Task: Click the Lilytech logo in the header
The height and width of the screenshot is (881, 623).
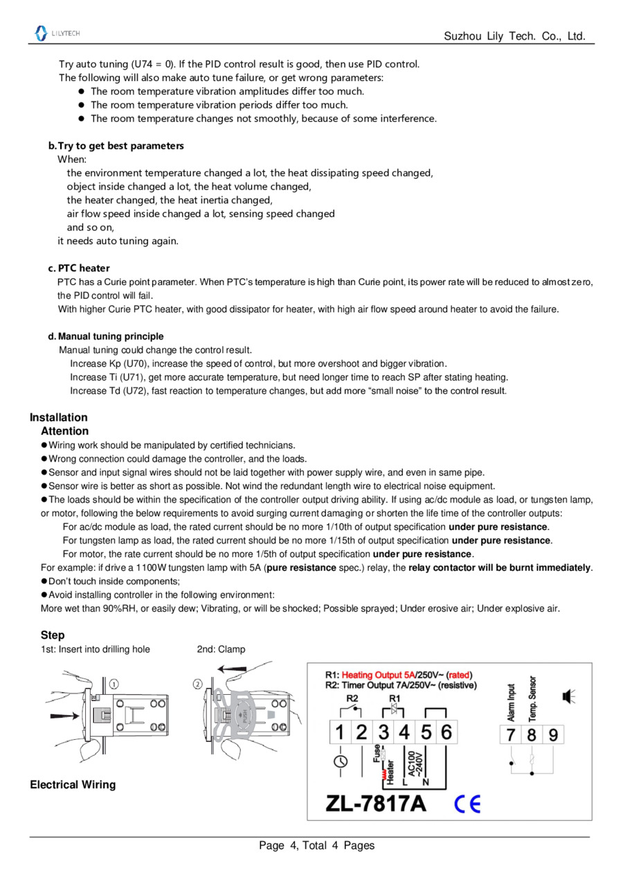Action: (x=57, y=33)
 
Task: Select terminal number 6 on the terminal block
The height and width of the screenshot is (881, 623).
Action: (x=446, y=732)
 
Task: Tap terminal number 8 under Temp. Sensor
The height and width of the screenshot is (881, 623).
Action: (x=531, y=735)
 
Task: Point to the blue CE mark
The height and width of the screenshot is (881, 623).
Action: (x=467, y=803)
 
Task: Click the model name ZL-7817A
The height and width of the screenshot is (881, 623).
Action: (x=376, y=803)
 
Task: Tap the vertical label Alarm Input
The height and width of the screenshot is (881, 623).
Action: (x=512, y=702)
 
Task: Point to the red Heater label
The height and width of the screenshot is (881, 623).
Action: (x=390, y=771)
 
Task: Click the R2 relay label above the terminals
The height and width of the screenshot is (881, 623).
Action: (x=352, y=698)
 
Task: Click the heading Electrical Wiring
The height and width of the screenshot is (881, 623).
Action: (x=73, y=785)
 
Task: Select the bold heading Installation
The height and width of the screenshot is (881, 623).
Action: (x=59, y=417)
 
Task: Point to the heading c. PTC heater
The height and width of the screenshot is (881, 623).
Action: (x=79, y=268)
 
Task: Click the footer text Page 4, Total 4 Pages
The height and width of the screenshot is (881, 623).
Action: (x=316, y=845)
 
